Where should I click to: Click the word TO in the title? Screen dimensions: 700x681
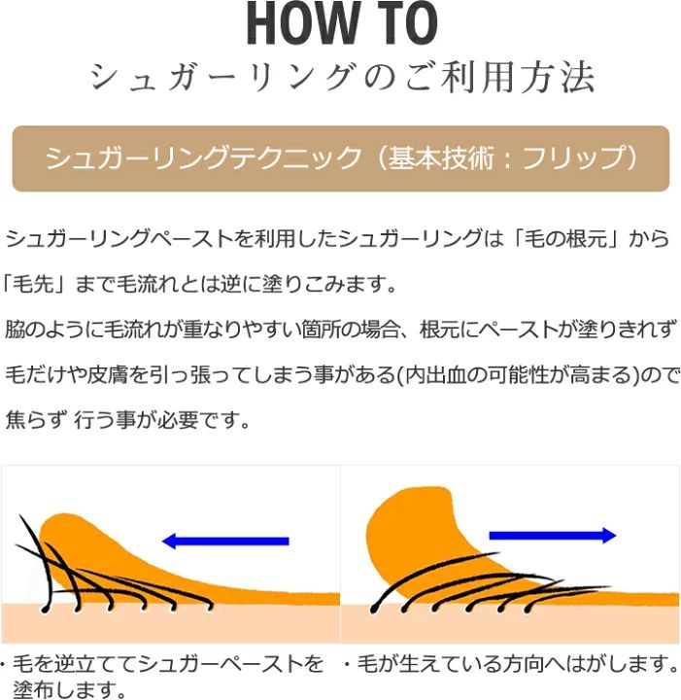[x=402, y=25]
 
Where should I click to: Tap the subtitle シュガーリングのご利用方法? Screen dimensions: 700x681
[x=340, y=78]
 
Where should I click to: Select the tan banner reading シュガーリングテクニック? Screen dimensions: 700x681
[x=340, y=157]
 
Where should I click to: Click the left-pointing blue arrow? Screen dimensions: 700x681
[x=225, y=541]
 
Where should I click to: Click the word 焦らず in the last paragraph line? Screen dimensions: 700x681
[x=37, y=422]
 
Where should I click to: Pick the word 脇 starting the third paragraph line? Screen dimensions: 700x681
[x=16, y=330]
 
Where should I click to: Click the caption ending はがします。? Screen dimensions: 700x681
[x=511, y=666]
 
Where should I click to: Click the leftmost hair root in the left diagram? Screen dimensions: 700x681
[x=45, y=611]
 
